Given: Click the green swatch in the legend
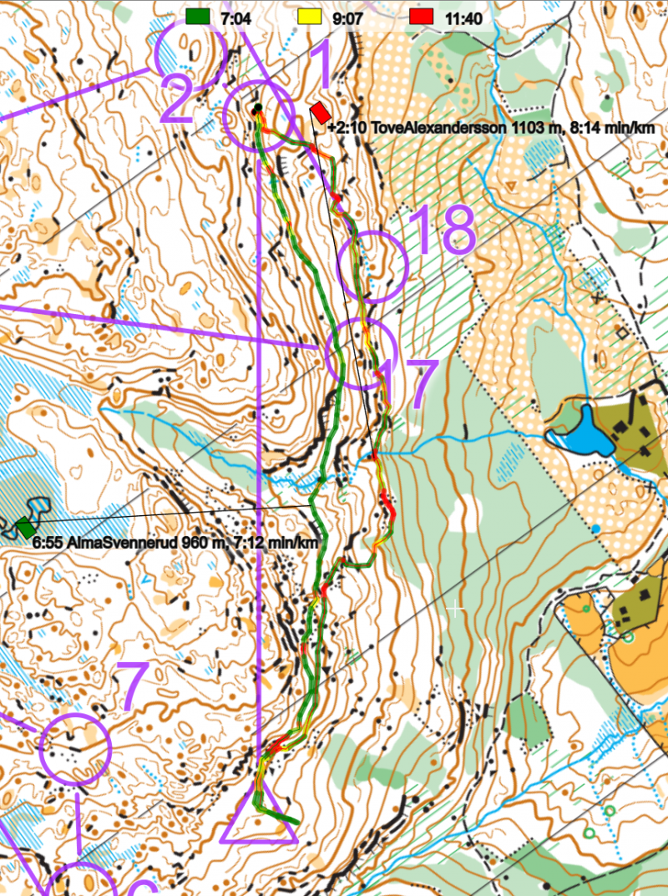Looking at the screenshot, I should [198, 16].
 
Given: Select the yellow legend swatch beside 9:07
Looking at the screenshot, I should [309, 16].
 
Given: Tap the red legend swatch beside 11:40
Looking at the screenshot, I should [422, 16].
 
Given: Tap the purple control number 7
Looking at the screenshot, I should [134, 687].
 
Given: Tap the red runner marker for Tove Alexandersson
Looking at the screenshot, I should [321, 112].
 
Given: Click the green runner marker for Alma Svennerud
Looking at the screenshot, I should [26, 528].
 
